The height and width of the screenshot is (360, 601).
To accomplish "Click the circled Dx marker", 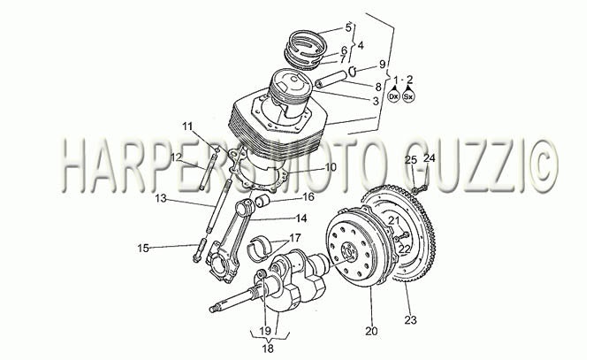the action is (x=393, y=96).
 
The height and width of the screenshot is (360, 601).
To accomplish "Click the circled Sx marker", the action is (x=409, y=96).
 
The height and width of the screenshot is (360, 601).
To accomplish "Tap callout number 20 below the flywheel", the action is (x=371, y=331).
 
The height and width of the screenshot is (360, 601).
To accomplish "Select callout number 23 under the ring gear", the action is (x=410, y=319).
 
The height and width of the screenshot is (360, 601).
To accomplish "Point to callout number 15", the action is (x=143, y=249).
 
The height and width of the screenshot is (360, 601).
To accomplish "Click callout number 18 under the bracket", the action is (x=268, y=349).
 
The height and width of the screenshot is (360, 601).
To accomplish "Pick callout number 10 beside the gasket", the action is (x=331, y=167).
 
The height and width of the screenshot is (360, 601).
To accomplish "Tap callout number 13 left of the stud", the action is (x=162, y=198).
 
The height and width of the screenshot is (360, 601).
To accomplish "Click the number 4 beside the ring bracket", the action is (x=361, y=45).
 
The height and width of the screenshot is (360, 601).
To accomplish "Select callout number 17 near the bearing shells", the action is (x=294, y=238).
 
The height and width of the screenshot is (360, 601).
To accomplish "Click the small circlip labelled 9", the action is (x=353, y=70).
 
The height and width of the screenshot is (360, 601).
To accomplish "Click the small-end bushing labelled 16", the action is (x=262, y=200).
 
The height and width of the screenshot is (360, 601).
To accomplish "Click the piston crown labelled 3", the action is (x=290, y=81).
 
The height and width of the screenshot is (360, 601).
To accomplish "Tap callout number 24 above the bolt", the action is (x=430, y=157).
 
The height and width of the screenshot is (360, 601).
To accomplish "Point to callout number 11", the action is (x=187, y=126).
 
